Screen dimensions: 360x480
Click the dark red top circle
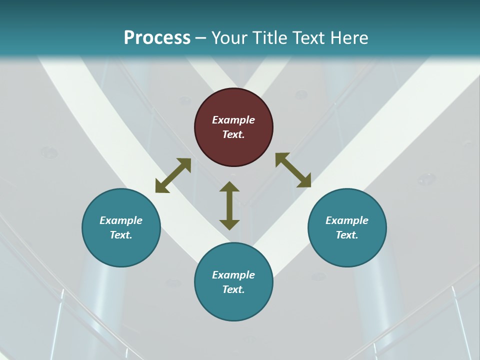click(x=233, y=127)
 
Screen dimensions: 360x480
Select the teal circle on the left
click(x=121, y=227)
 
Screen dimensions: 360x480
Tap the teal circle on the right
click(x=347, y=227)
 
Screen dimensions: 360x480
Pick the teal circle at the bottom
click(x=233, y=282)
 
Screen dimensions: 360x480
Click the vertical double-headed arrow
click(x=229, y=205)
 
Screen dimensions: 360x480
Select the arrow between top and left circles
click(x=173, y=175)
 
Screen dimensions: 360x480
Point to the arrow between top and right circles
click(x=293, y=170)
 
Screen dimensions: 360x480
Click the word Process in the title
click(x=157, y=38)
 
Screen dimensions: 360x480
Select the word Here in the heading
click(x=349, y=38)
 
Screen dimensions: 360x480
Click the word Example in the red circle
click(x=233, y=120)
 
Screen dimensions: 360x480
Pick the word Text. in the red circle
click(x=233, y=134)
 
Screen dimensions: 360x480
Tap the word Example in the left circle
click(x=121, y=220)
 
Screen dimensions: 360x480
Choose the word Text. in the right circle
click(x=347, y=235)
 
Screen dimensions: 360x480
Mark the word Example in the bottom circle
click(x=233, y=275)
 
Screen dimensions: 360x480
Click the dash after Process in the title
click(x=201, y=38)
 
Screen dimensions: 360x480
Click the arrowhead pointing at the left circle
click(x=161, y=187)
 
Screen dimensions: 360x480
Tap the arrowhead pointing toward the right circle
click(x=304, y=181)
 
